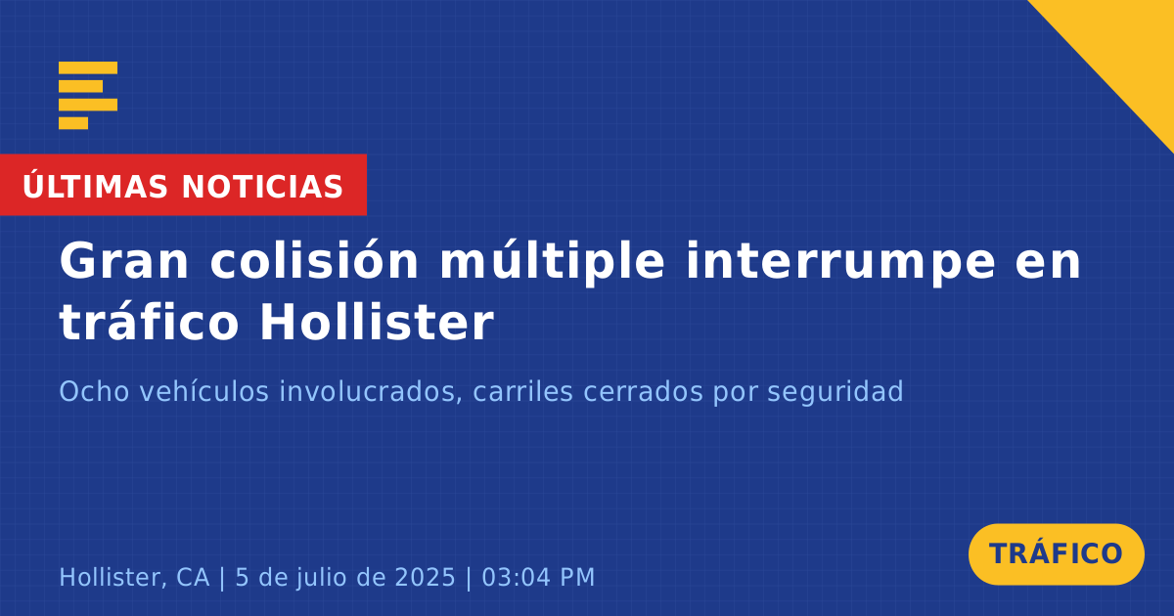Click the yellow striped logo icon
88,96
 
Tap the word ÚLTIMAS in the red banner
95,185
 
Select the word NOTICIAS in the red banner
262,187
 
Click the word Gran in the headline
123,261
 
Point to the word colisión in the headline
314,260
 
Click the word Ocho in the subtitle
94,391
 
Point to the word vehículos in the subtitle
203,391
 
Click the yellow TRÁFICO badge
1056,553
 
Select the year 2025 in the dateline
425,577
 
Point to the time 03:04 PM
538,577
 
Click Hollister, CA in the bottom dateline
134,577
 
